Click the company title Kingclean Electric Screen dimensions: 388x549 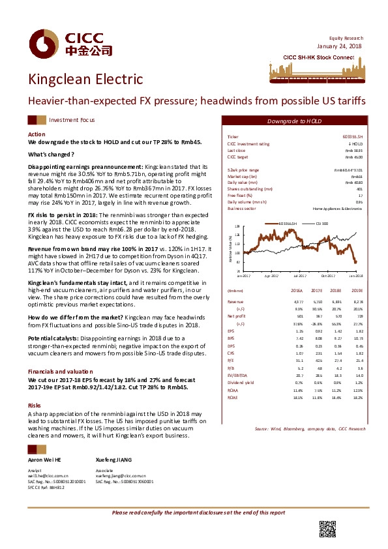click(x=85, y=80)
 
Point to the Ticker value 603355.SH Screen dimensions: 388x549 click(x=353, y=136)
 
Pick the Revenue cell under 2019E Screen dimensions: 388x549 click(x=356, y=302)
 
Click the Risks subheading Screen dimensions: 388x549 click(x=35, y=387)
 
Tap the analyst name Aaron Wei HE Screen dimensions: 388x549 click(x=44, y=460)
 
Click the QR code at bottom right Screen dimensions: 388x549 click(x=327, y=529)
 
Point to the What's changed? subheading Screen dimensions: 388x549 click(x=51, y=154)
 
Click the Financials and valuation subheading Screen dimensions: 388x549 click(x=59, y=370)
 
